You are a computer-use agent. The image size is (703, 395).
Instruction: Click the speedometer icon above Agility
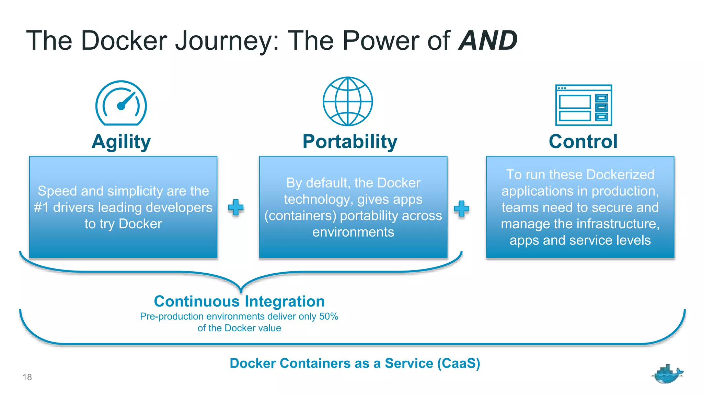(121, 103)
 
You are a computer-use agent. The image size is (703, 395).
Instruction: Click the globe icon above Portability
(348, 101)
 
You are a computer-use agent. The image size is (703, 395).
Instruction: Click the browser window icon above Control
(584, 105)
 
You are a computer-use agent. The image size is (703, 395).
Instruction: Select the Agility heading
(121, 142)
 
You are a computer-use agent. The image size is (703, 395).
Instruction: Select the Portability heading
(350, 142)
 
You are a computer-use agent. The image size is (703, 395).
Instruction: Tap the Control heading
(583, 142)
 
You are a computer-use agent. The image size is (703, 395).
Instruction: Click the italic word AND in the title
(488, 41)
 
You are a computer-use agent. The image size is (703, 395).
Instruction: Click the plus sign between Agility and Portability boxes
(236, 207)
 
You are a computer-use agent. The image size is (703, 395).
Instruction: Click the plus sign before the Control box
(461, 208)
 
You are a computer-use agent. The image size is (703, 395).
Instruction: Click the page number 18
(27, 377)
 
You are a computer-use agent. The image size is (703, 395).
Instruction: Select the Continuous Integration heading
(239, 301)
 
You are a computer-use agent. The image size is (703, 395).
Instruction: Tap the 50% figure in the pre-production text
(329, 316)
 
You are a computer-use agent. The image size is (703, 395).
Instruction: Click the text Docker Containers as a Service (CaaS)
(355, 363)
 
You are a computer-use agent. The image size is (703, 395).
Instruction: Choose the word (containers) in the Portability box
(300, 216)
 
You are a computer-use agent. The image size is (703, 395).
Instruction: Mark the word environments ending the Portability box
(353, 232)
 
